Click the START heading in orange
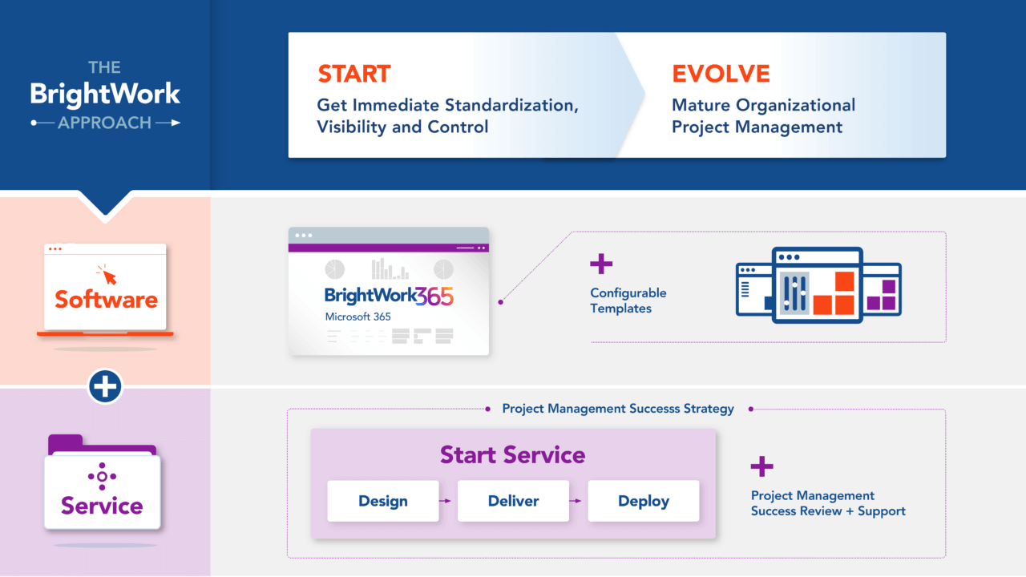coord(353,74)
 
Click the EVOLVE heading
coord(721,74)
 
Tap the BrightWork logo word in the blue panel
coord(105,94)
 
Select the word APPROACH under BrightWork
coord(105,123)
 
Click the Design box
coord(382,501)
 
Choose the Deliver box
coord(513,501)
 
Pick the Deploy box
coord(643,501)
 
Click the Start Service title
coord(512,454)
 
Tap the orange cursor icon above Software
coord(106,274)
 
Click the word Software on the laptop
coord(106,300)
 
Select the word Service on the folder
coord(102,506)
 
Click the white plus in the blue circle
coord(105,387)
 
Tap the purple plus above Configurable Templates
coord(601,264)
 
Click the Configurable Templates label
coord(628,301)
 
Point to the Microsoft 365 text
coord(357,317)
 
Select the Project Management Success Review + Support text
coord(827,503)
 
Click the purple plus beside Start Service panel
coord(761,466)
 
